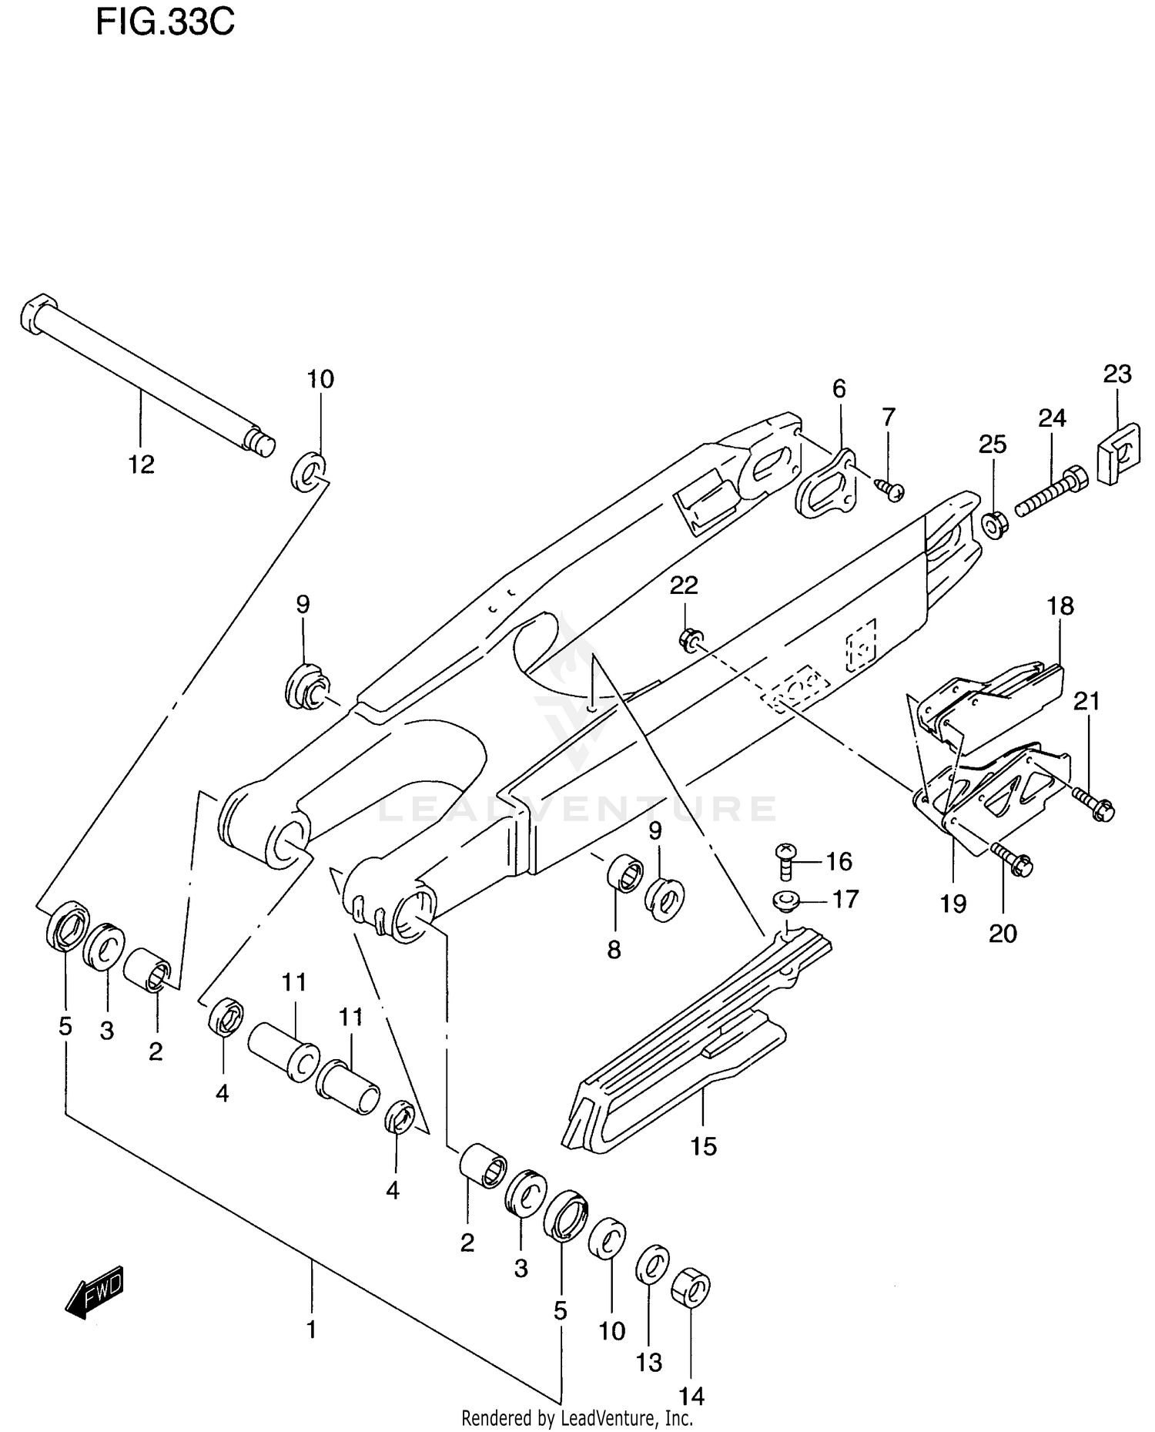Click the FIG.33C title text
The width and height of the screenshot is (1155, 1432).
pos(165,22)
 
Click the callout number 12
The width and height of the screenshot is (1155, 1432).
pos(142,464)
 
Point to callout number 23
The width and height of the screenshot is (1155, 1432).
pos(1117,374)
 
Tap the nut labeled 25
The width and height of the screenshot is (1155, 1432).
pos(994,525)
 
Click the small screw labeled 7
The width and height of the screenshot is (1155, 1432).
pos(891,488)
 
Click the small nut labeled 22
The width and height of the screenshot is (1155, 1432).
pos(690,639)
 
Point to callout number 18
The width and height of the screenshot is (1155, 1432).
pos(1060,606)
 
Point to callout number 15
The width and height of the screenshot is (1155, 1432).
pos(703,1146)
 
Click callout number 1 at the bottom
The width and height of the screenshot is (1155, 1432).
pos(312,1330)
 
